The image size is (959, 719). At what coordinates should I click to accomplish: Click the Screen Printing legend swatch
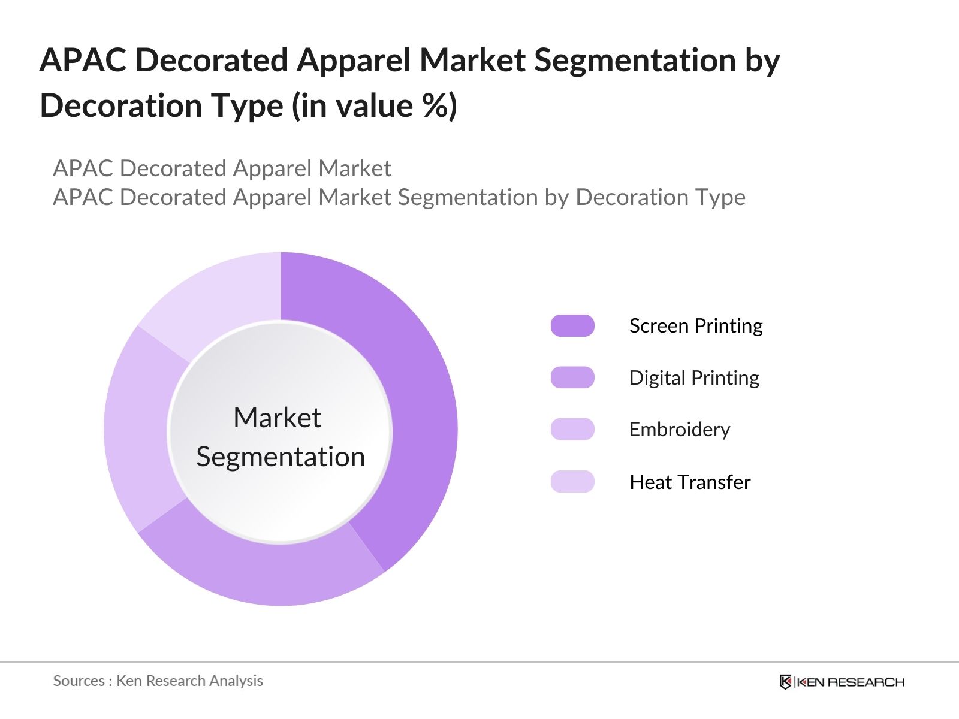pyautogui.click(x=572, y=325)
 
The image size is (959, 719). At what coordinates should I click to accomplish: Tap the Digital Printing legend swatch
pyautogui.click(x=572, y=377)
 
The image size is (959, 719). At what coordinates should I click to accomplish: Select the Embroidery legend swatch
pyautogui.click(x=572, y=429)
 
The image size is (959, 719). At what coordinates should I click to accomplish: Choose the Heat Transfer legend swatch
pyautogui.click(x=572, y=482)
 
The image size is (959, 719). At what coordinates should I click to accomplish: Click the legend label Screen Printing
pyautogui.click(x=696, y=325)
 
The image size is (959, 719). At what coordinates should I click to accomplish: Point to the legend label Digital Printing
pyautogui.click(x=694, y=377)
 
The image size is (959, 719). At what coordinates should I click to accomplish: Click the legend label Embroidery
pyautogui.click(x=680, y=429)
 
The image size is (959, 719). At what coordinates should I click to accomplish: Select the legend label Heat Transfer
pyautogui.click(x=690, y=482)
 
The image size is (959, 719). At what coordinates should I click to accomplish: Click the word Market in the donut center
pyautogui.click(x=278, y=418)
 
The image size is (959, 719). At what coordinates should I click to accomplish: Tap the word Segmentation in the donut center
pyautogui.click(x=281, y=457)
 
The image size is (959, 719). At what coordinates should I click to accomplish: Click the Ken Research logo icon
pyautogui.click(x=785, y=682)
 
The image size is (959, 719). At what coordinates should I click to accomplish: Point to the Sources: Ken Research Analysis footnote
pyautogui.click(x=158, y=681)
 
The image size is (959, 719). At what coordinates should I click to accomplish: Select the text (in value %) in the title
pyautogui.click(x=375, y=106)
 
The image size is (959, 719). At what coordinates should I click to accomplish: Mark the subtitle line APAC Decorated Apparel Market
pyautogui.click(x=222, y=168)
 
